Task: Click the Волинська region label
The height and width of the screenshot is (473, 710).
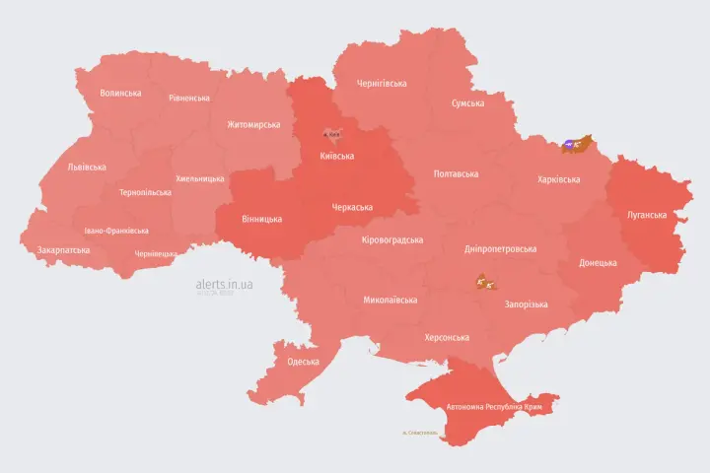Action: tap(120, 94)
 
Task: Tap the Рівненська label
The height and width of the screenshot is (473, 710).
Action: tap(188, 99)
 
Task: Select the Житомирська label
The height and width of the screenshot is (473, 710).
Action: tap(253, 125)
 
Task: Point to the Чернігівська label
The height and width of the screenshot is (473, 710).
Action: tap(382, 84)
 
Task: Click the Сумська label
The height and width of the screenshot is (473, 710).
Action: tap(467, 103)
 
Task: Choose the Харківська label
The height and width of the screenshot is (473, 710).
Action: tap(558, 180)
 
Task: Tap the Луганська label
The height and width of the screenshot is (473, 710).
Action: tap(647, 215)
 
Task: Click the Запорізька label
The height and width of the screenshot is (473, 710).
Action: tap(526, 305)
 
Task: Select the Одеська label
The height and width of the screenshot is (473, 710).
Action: tap(303, 362)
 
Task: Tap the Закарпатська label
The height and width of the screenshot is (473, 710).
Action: tap(63, 250)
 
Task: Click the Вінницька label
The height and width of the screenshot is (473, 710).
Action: tap(261, 219)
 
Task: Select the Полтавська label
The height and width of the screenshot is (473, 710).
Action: tap(456, 174)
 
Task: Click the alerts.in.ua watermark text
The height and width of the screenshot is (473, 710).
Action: tap(224, 285)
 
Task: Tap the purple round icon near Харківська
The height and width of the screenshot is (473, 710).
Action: tap(569, 146)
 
